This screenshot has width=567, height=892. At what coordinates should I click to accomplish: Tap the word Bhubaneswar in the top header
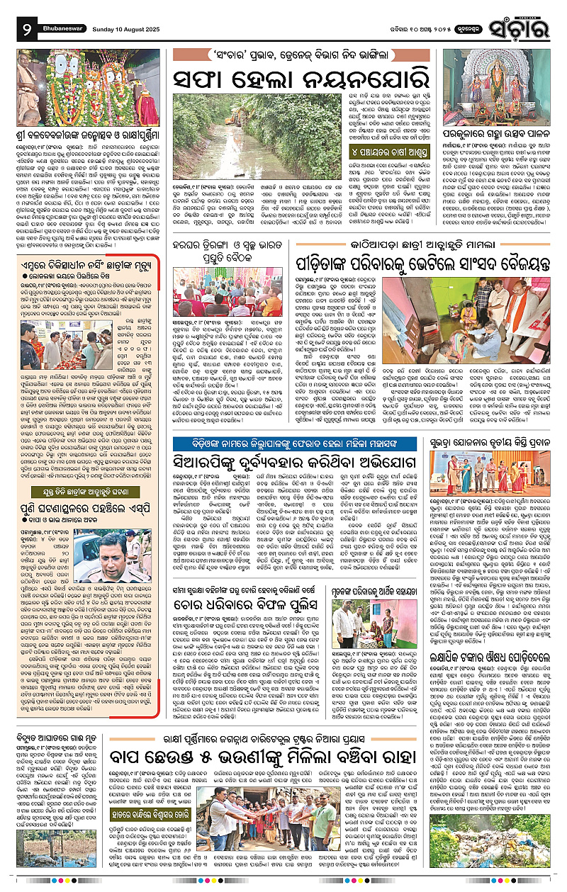pyautogui.click(x=70, y=12)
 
